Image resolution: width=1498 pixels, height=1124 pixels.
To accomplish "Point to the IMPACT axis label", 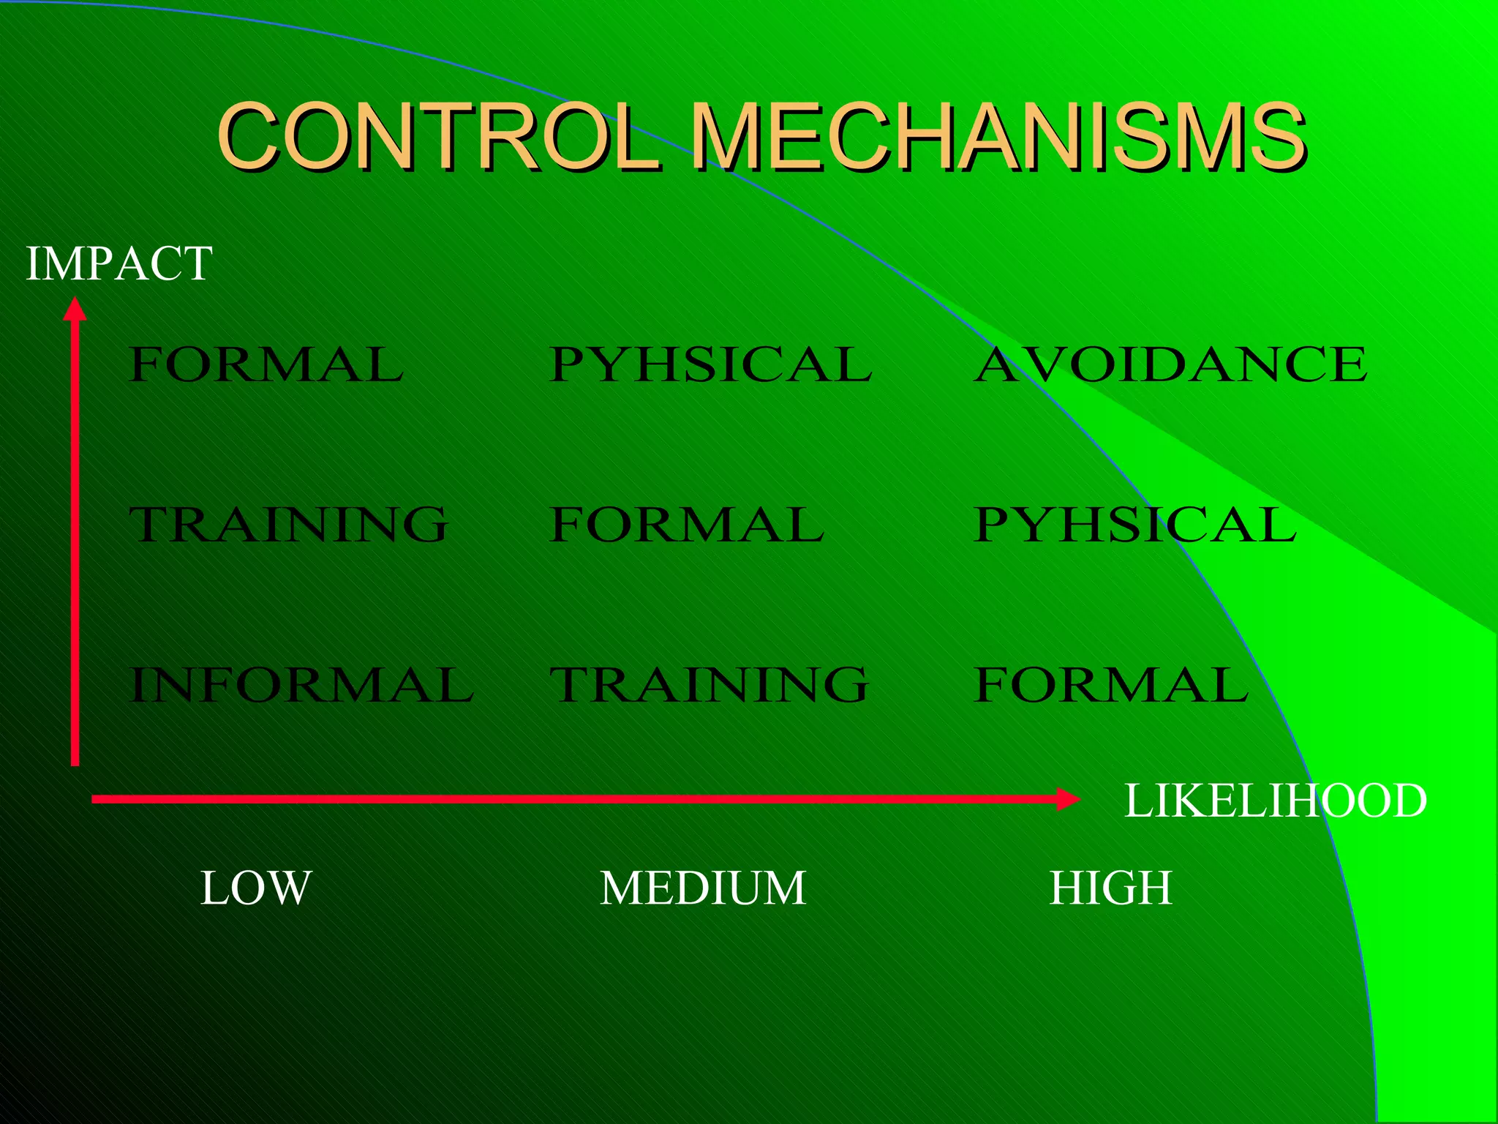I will point(119,263).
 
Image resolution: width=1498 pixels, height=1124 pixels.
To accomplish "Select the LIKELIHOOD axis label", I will point(1275,801).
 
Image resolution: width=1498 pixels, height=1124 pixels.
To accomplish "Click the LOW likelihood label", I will point(256,888).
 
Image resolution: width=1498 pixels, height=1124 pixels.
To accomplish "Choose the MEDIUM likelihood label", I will point(703,888).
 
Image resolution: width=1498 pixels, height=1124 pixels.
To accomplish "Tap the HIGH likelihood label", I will point(1110,888).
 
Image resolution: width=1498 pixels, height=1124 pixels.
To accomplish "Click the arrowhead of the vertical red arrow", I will point(75,308).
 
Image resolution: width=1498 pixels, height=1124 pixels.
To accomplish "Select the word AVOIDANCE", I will point(1170,364).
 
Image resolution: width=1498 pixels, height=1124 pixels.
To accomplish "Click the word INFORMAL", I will point(301,685).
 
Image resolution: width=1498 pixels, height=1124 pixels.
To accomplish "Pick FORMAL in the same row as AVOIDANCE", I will point(266,364).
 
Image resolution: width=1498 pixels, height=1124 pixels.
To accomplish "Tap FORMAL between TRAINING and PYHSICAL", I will point(687,525).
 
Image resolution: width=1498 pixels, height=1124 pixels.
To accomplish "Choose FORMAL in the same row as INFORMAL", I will point(1111,685).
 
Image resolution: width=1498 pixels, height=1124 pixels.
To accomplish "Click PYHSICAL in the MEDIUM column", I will point(711,364).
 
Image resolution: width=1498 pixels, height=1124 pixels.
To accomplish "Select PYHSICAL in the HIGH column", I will point(1135,525).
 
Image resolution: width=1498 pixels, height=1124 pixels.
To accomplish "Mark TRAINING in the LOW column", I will point(288,525).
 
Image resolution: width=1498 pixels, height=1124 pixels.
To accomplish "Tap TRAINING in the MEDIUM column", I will point(709,685).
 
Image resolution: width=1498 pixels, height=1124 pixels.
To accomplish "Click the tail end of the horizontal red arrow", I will point(94,799).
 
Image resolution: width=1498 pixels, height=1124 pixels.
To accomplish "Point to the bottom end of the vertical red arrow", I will point(75,763).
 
